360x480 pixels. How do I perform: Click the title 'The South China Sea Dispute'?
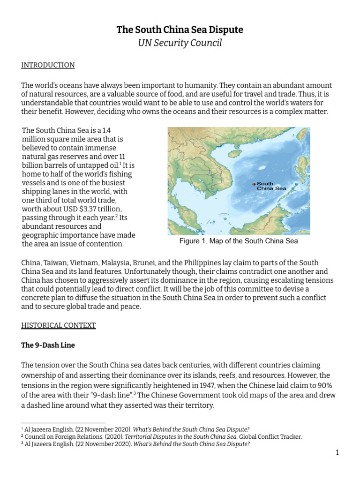pos(180,30)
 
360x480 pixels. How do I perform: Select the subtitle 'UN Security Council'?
pos(180,44)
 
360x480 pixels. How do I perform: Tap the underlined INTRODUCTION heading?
pos(48,65)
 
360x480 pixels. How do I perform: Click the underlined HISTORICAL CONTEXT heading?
pos(59,325)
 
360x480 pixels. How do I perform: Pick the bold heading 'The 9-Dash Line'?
pos(48,345)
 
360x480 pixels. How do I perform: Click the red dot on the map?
pos(254,184)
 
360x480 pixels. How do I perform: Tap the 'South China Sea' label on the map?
pos(271,186)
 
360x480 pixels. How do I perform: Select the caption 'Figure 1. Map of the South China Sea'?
pos(239,241)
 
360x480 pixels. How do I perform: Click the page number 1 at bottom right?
pos(337,452)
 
